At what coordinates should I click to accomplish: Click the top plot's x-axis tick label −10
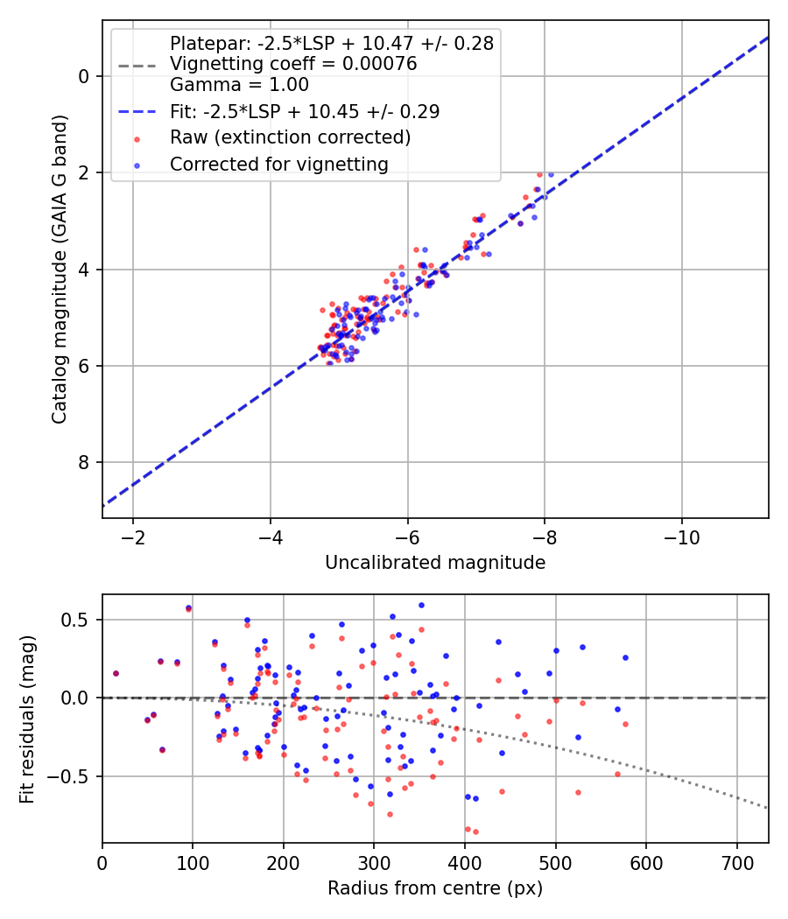(x=681, y=537)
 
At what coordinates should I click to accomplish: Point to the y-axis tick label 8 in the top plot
(x=84, y=462)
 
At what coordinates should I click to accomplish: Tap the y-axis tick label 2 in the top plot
(x=84, y=173)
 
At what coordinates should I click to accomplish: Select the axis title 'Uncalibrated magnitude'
(x=435, y=563)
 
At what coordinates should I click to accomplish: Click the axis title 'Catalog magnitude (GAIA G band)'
(x=60, y=269)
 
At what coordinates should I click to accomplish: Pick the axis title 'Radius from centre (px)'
(x=435, y=888)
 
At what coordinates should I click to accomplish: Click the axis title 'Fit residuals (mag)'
(x=27, y=719)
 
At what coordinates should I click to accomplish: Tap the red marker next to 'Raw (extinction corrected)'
(x=137, y=139)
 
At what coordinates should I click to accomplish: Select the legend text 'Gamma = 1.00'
(x=239, y=85)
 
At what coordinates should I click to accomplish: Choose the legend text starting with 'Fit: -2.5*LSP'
(x=305, y=111)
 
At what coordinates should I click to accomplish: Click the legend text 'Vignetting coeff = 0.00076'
(x=293, y=64)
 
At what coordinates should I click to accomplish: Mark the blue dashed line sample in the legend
(x=137, y=111)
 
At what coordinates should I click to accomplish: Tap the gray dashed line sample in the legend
(x=137, y=65)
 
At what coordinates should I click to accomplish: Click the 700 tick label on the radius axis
(x=737, y=863)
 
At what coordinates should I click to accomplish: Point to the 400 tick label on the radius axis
(x=465, y=863)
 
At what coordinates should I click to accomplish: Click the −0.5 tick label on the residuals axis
(x=70, y=776)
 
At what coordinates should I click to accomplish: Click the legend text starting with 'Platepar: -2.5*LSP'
(x=332, y=44)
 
